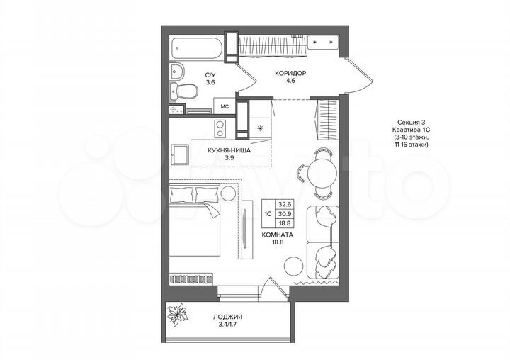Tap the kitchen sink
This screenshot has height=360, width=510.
pos(180,154)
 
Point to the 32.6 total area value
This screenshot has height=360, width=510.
pos(285,203)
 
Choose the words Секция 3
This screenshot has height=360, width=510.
pos(404,122)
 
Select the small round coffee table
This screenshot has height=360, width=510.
pos(293,265)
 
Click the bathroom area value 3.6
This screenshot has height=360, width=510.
pos(210,83)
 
